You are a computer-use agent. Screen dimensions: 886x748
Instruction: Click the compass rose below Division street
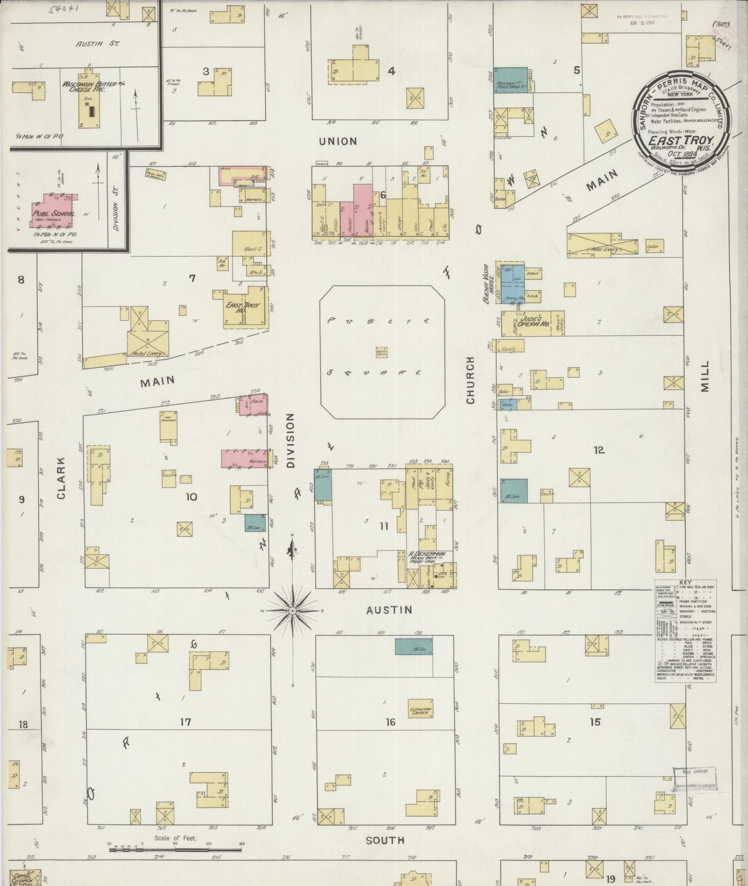[x=292, y=611]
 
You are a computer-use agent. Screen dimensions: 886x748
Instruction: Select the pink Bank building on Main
[x=254, y=404]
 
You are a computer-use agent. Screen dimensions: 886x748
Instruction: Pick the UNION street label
[x=338, y=141]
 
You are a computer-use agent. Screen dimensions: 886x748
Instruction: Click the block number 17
[x=185, y=722]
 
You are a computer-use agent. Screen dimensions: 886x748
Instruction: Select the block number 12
[x=599, y=450]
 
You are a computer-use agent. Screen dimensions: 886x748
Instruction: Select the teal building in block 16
[x=414, y=646]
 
